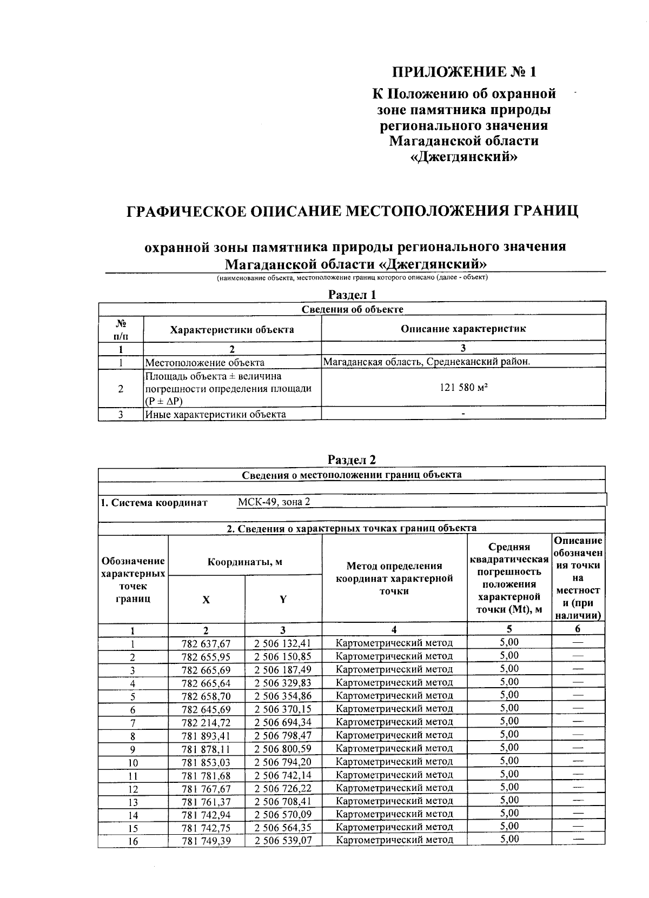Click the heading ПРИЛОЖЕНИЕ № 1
tap(465, 71)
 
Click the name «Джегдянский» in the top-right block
tap(465, 157)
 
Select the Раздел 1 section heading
tap(352, 295)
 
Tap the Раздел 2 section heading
tap(352, 460)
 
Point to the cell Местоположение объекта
tap(205, 363)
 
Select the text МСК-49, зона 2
tap(274, 502)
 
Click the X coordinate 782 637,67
tap(206, 643)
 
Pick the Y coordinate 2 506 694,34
tap(283, 722)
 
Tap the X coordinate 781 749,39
tap(206, 841)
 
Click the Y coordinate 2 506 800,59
tap(283, 749)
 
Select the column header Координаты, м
tap(245, 562)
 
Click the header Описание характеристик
tap(463, 329)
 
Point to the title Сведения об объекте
tap(352, 309)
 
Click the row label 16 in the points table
tap(133, 841)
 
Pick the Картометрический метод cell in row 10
tap(394, 762)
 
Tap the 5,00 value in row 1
tap(509, 642)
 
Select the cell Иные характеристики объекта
tap(215, 414)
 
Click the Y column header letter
tap(283, 599)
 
